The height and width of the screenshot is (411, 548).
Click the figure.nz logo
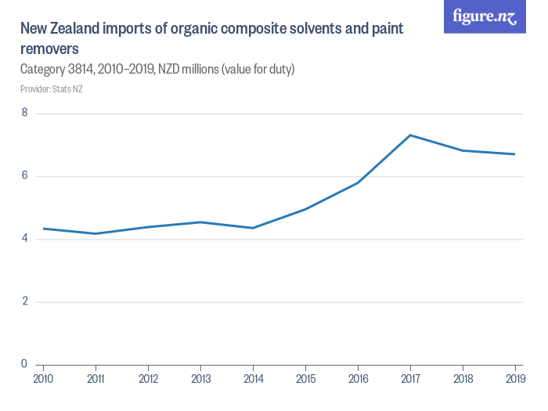click(x=485, y=16)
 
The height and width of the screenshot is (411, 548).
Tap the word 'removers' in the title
click(x=49, y=49)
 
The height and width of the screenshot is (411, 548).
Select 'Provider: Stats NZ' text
click(x=52, y=89)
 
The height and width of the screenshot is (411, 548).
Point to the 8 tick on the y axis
click(x=24, y=114)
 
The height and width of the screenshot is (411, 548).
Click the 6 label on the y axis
click(x=24, y=176)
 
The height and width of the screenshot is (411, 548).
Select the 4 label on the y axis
click(x=24, y=239)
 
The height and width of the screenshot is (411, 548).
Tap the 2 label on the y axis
click(x=24, y=301)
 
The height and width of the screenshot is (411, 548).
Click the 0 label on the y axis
click(x=24, y=364)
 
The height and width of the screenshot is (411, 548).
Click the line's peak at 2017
click(x=410, y=135)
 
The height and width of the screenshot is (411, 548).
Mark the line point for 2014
click(x=253, y=228)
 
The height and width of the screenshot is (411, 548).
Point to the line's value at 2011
click(x=96, y=233)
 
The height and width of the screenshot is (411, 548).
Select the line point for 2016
click(x=358, y=182)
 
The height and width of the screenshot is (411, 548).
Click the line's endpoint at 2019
click(x=514, y=154)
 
